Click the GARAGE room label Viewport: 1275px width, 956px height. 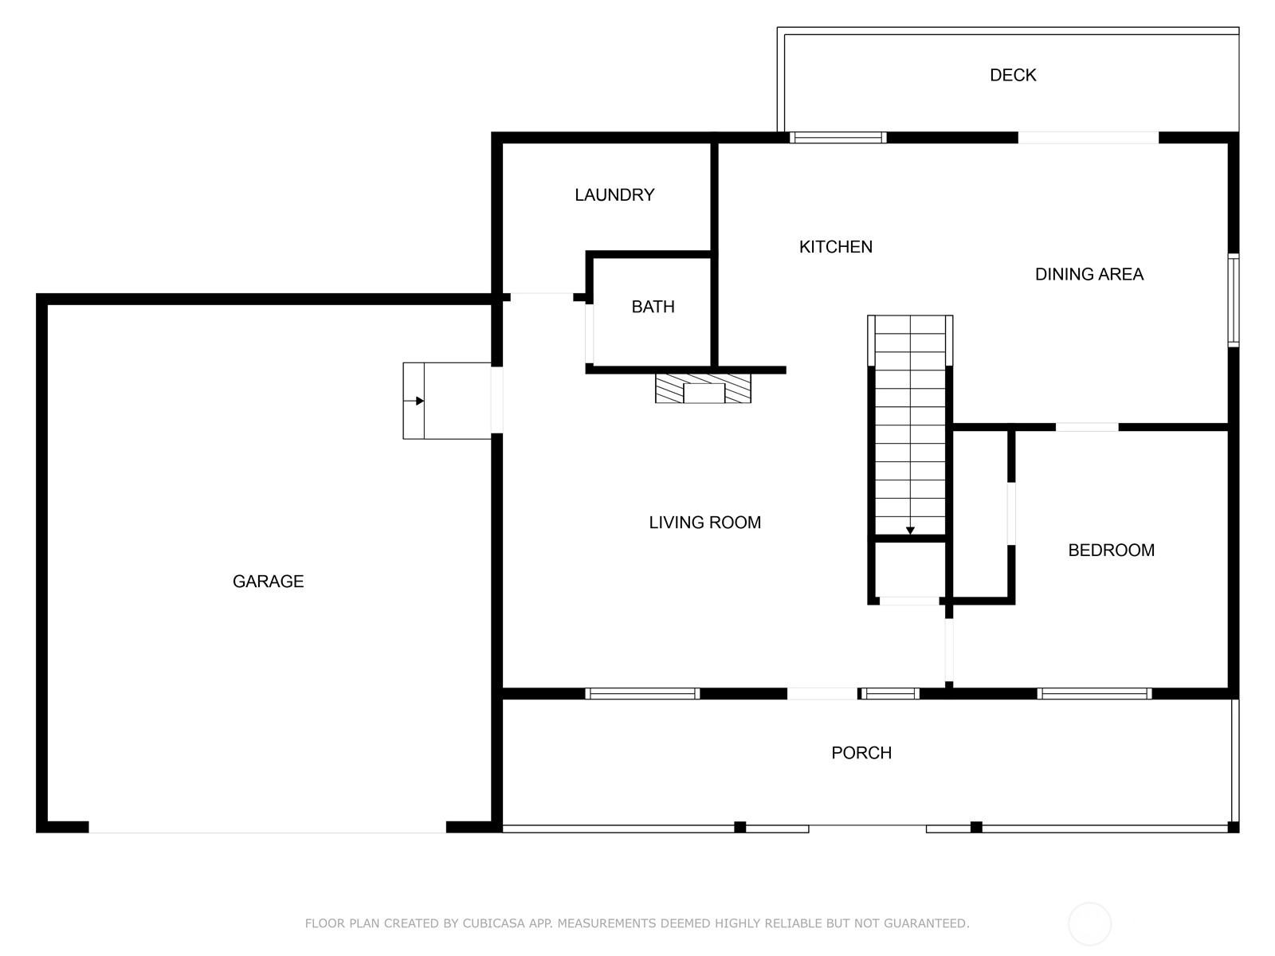pyautogui.click(x=268, y=581)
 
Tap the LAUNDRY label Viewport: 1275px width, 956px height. pyautogui.click(x=614, y=194)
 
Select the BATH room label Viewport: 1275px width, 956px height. pyautogui.click(x=653, y=307)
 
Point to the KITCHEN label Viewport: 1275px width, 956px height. pyautogui.click(x=835, y=247)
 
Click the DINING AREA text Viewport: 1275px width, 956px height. pyautogui.click(x=1089, y=274)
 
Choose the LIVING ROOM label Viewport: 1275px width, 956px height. pyautogui.click(x=704, y=523)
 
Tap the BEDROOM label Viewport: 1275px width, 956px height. pyautogui.click(x=1111, y=550)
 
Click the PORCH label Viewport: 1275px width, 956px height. pyautogui.click(x=861, y=753)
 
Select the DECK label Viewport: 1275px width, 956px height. pyautogui.click(x=1013, y=75)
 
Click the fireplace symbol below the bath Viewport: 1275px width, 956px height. pyautogui.click(x=703, y=388)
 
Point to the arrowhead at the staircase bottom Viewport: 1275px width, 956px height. pyautogui.click(x=910, y=531)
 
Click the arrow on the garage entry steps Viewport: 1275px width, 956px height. pyautogui.click(x=414, y=401)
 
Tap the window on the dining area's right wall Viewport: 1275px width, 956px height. pyautogui.click(x=1234, y=300)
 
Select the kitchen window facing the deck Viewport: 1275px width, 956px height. pyautogui.click(x=838, y=138)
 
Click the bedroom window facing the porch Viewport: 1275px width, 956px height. pyautogui.click(x=1094, y=693)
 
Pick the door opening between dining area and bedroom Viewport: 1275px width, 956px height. pyautogui.click(x=1087, y=427)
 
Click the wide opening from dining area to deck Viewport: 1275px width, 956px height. pyautogui.click(x=1088, y=138)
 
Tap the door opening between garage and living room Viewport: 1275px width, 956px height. pyautogui.click(x=496, y=399)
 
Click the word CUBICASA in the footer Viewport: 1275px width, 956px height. pyautogui.click(x=494, y=923)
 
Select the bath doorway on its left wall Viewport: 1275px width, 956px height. pyautogui.click(x=589, y=334)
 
